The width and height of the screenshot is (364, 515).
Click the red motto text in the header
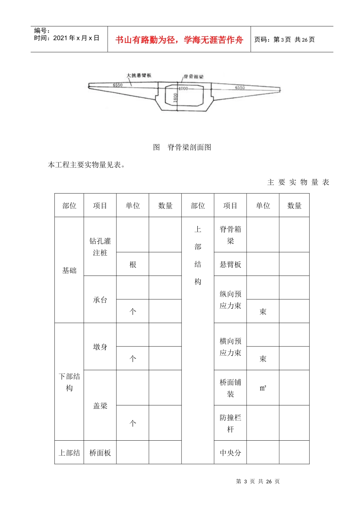[x=179, y=40]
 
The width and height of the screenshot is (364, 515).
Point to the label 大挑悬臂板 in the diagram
[x=139, y=75]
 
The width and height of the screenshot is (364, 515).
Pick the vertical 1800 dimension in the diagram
[x=175, y=98]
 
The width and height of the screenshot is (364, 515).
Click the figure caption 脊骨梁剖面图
[x=189, y=147]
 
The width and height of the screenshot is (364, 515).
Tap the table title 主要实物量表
[x=298, y=182]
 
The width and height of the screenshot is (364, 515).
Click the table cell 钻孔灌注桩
[x=100, y=247]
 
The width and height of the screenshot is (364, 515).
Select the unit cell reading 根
[x=133, y=264]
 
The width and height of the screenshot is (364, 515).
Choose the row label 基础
[x=69, y=271]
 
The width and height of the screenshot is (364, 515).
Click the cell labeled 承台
[x=100, y=300]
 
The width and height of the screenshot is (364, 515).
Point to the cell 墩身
[x=100, y=347]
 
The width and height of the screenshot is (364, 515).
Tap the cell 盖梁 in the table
[x=100, y=406]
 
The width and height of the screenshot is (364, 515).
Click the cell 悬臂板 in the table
[x=230, y=264]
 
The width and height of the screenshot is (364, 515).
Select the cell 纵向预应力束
[x=230, y=300]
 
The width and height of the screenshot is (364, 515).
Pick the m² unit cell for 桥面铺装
[x=263, y=388]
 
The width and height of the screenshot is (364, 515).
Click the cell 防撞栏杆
[x=230, y=423]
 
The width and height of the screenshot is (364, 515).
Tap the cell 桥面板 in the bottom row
[x=100, y=453]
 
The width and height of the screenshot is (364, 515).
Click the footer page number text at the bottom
[x=258, y=481]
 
